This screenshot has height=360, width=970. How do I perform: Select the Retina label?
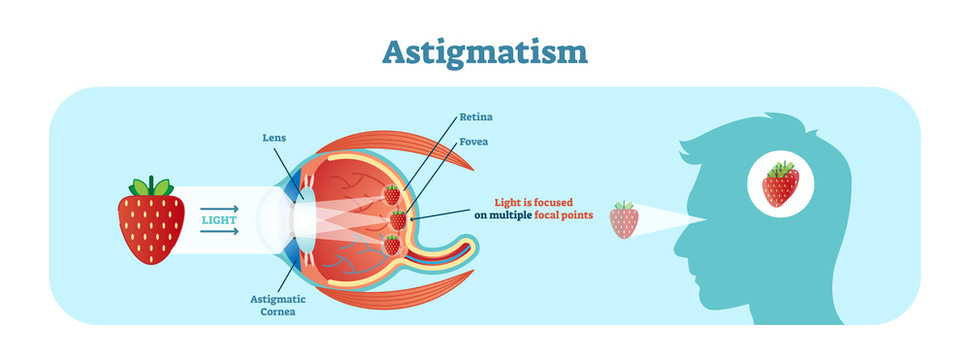coord(476,117)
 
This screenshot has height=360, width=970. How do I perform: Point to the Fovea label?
coord(475,142)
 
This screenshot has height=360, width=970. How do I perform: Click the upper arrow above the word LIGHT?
coord(220,206)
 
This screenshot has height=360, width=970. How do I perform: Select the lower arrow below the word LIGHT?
coord(220,232)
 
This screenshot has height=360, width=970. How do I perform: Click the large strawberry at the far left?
coord(152,225)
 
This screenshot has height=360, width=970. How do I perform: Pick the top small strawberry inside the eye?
coord(392,194)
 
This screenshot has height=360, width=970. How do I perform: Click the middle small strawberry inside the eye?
coord(399,219)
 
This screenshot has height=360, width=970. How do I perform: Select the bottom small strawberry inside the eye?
coord(392,244)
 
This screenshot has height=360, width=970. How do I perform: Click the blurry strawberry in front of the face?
coord(624,221)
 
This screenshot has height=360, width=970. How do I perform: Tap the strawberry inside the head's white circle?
coord(780,185)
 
